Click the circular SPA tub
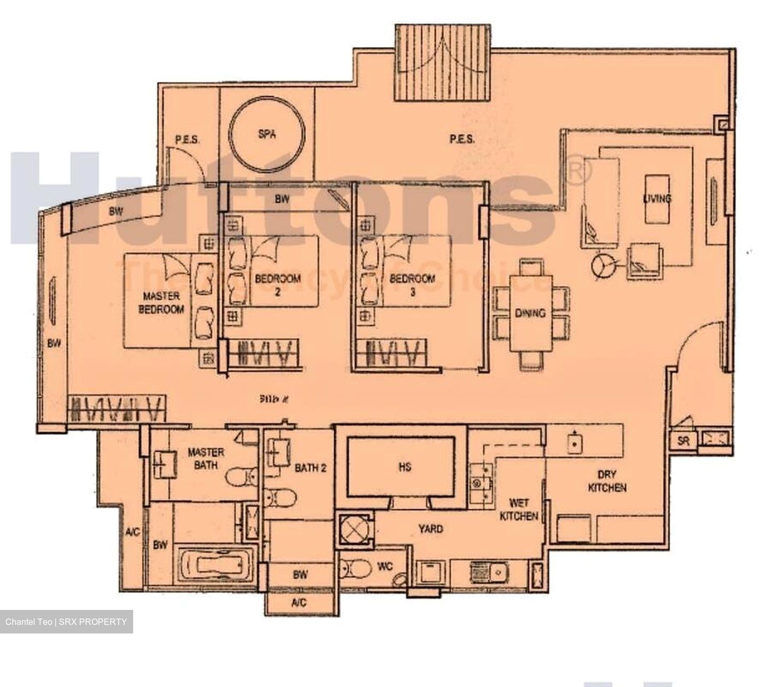coord(267,134)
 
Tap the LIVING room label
coord(657,199)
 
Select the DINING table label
coord(530,313)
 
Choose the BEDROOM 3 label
coord(412,285)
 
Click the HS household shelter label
coord(405,467)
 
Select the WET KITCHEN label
coord(519,509)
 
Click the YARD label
coord(430,529)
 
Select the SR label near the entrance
coord(683,441)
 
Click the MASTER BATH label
coord(205,459)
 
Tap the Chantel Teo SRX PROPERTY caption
coord(66,622)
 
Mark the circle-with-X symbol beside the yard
coord(352,530)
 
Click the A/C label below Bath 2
coord(299,603)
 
